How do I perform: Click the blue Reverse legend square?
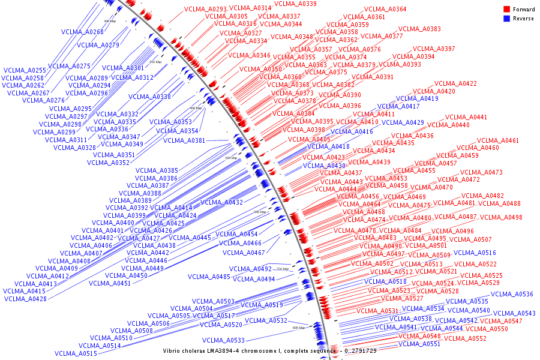[507, 19]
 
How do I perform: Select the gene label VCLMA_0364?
[385, 10]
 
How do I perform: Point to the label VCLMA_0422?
[456, 83]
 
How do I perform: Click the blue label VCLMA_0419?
[417, 98]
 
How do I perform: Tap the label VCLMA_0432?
[221, 203]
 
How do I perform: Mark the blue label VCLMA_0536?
[512, 295]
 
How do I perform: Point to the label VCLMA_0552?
[465, 338]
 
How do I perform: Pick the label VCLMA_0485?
[209, 277]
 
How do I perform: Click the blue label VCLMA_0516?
[475, 253]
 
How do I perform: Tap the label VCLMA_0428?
[25, 299]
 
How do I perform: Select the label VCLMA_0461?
[497, 140]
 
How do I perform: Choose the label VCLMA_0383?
[419, 29]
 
